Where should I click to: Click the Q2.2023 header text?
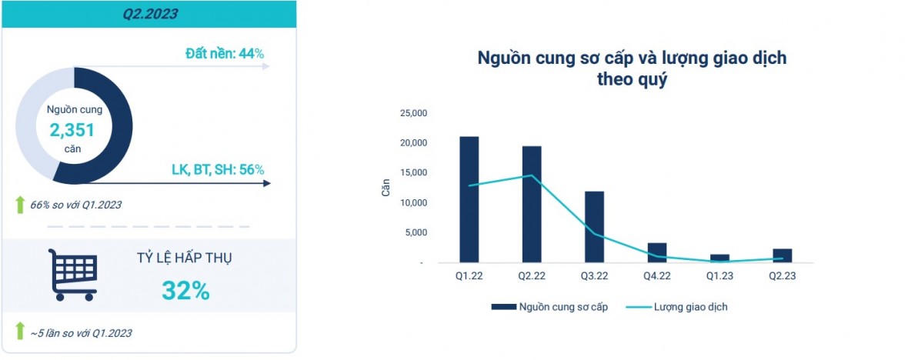point(149,13)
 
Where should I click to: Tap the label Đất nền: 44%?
point(225,54)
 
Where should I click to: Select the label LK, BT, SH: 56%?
point(218,169)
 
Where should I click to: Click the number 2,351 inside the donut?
point(72,130)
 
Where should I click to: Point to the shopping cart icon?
point(73,274)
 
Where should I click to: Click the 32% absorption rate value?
point(185,290)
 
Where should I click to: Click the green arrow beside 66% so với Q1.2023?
point(20,205)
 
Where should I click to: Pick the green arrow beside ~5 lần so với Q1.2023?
point(20,332)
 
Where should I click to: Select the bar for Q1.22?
point(469,199)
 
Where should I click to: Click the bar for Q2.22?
point(532,204)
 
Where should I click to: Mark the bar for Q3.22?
point(594,227)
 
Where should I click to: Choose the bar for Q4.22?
point(657,252)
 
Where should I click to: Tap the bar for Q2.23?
point(783,255)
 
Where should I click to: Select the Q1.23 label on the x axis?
point(719,276)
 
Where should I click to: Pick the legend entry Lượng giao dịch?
point(677,307)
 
